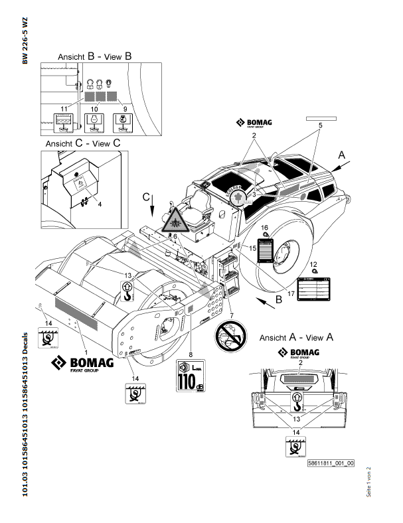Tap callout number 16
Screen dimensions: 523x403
[264, 228]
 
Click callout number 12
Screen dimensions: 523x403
[315, 264]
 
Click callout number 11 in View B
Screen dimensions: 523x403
[64, 108]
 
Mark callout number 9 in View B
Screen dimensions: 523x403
[125, 108]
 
